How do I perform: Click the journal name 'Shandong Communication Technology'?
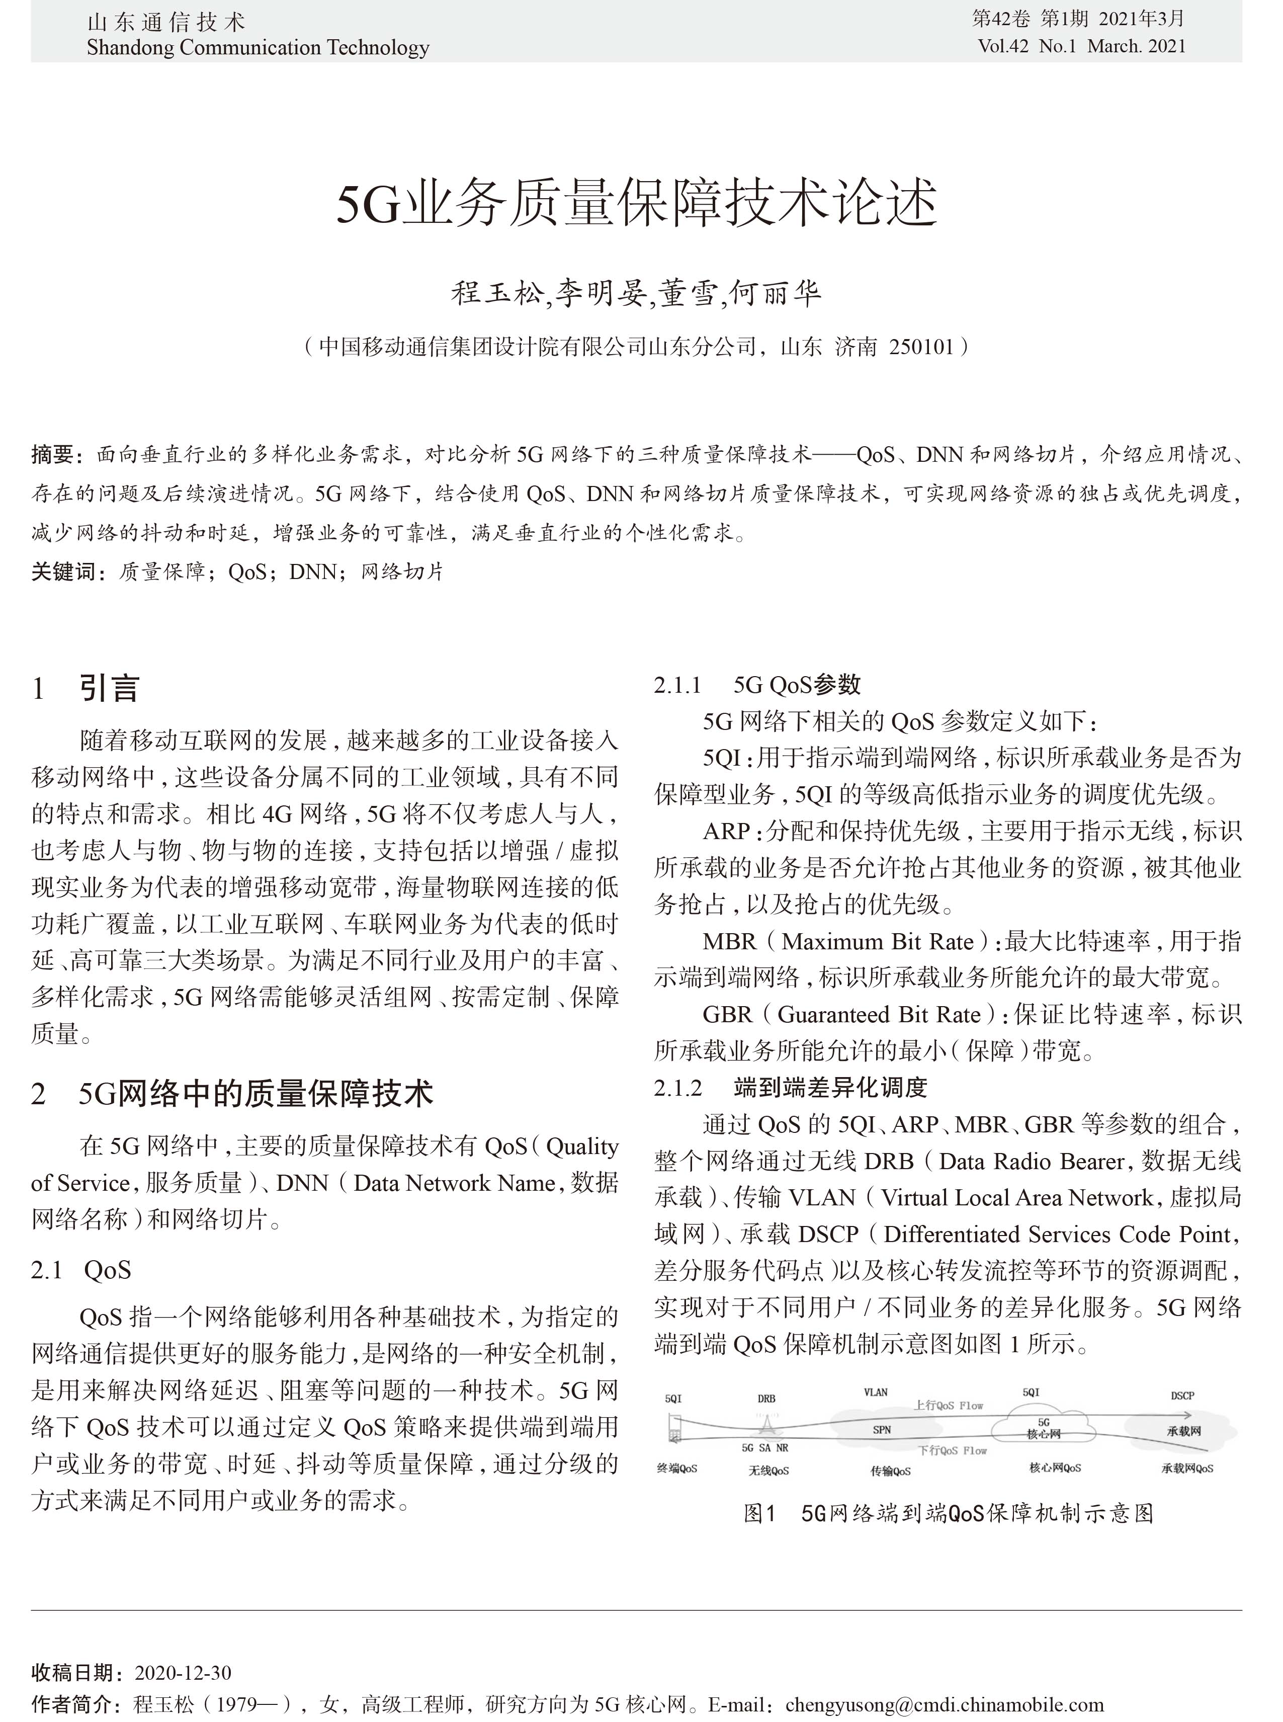(x=258, y=48)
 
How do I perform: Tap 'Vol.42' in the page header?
(x=1003, y=47)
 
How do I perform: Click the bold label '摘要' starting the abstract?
(x=53, y=454)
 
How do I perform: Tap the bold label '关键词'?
(x=64, y=572)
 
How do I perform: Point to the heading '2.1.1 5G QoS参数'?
(x=757, y=685)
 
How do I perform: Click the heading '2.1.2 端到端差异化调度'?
(x=791, y=1088)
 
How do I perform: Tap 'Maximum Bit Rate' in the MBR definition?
(x=877, y=942)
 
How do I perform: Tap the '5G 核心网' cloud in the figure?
(x=1043, y=1428)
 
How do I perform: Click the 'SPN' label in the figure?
(x=882, y=1430)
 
